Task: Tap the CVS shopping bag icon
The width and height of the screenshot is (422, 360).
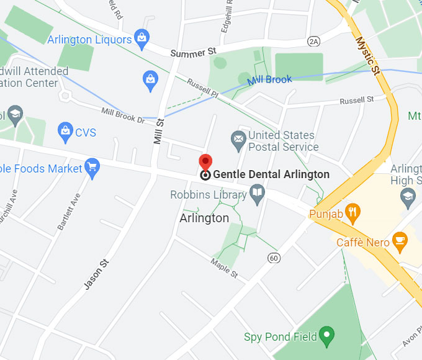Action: (65, 131)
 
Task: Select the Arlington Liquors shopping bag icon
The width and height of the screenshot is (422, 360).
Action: (142, 39)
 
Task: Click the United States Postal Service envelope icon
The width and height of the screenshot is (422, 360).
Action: (238, 141)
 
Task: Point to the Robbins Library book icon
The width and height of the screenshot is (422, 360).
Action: (257, 196)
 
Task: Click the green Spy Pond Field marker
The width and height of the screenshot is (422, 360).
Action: (326, 337)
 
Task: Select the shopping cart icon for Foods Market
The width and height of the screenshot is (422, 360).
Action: (93, 168)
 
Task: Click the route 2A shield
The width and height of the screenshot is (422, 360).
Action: (313, 41)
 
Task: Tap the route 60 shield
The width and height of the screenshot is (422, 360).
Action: (274, 257)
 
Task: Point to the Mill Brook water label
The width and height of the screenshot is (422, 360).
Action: (270, 80)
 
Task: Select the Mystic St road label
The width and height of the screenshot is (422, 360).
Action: (367, 55)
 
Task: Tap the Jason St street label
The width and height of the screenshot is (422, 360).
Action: (97, 274)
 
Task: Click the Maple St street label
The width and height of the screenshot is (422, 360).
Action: (224, 268)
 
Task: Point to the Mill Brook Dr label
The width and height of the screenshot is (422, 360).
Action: (123, 115)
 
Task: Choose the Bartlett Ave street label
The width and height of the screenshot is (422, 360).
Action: (69, 212)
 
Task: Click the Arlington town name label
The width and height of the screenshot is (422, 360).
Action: (204, 218)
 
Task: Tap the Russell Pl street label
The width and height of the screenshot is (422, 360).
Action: (203, 89)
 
